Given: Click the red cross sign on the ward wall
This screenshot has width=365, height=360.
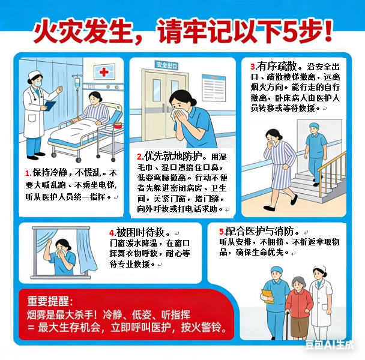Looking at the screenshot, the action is click(104, 71).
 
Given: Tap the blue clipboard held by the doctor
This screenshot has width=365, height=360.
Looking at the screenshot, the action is click(50, 106).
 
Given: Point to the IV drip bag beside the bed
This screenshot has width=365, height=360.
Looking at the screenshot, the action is click(77, 83).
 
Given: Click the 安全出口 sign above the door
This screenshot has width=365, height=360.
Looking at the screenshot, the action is click(166, 65).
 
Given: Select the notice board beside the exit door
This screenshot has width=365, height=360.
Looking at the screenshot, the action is click(214, 88).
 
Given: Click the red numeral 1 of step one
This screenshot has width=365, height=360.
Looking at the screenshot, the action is click(28, 173).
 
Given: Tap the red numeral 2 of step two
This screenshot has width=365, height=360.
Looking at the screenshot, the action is click(140, 157).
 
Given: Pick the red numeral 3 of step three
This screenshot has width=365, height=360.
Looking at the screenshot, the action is click(253, 67).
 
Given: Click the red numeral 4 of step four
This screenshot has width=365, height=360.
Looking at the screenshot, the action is click(112, 233).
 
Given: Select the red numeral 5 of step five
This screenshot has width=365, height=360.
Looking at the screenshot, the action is click(222, 232).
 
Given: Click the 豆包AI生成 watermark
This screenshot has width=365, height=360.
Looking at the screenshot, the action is click(330, 345).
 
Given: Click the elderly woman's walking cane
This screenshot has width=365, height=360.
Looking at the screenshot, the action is click(288, 326).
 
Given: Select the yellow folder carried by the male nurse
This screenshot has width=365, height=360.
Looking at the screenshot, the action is click(268, 296).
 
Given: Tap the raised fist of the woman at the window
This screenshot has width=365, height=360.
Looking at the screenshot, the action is click(49, 243).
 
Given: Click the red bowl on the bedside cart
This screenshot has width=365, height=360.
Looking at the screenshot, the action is click(118, 125).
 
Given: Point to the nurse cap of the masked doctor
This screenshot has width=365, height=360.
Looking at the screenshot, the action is click(35, 74).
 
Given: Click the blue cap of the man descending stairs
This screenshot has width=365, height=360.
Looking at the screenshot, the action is click(315, 125).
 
